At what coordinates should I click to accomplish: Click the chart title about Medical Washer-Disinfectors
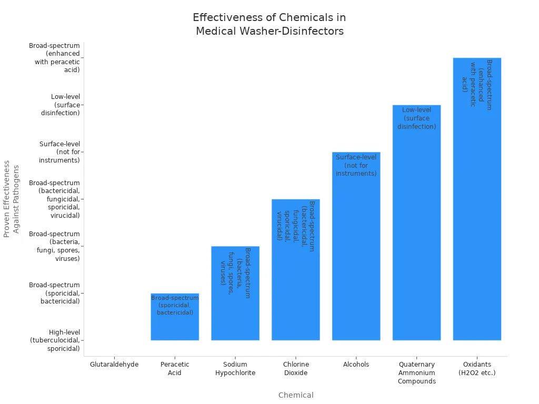point(269,25)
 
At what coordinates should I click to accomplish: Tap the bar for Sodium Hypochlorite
point(235,316)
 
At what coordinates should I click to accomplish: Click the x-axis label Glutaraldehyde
point(114,365)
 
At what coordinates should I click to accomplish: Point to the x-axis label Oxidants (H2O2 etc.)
point(477,368)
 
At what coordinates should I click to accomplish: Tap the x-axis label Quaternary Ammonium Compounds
point(416,372)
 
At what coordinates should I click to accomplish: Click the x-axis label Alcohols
point(356,365)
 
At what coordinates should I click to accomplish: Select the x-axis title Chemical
point(296,395)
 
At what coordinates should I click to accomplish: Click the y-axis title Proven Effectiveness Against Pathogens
point(11,199)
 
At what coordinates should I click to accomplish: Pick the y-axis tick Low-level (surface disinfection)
point(61,105)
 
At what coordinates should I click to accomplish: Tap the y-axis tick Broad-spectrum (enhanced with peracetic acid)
point(55,57)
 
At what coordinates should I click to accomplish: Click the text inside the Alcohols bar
point(356,165)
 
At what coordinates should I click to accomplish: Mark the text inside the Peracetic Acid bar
point(175,305)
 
